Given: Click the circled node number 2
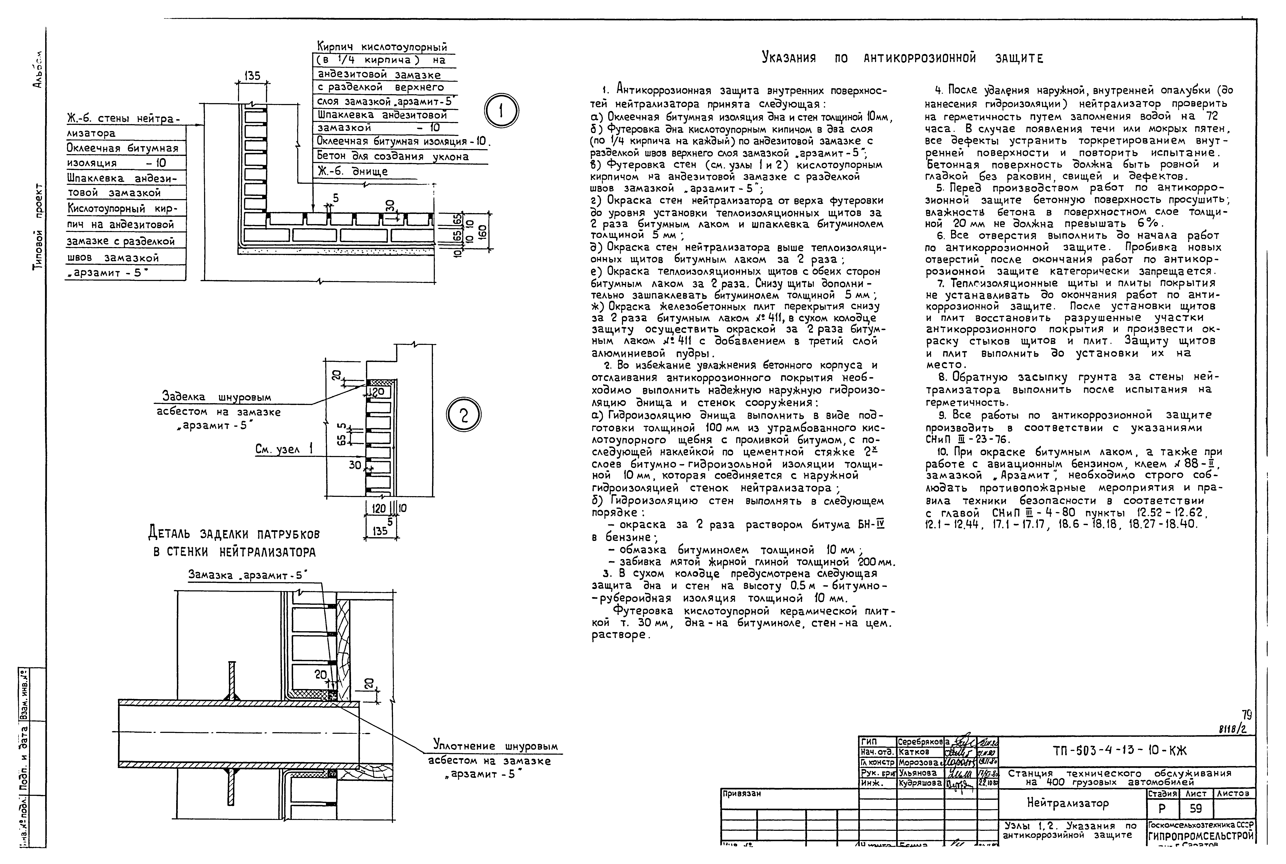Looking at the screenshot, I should coord(464,415).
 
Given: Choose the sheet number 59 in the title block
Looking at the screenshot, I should coord(1195,808).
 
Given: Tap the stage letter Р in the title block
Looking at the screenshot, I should coord(1162,808).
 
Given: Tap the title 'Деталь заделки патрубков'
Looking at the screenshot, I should coord(234,534).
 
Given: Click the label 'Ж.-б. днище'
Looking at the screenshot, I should coord(353,171).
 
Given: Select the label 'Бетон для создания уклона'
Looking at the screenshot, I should coord(393,156).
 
